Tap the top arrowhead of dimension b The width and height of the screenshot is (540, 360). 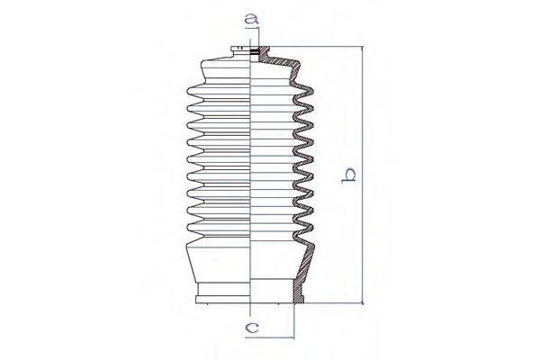[364, 50]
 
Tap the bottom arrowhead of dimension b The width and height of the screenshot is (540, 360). [364, 301]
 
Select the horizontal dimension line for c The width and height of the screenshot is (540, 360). [274, 337]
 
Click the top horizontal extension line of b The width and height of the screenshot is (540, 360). [315, 47]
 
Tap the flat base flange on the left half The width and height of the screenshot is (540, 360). [224, 294]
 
